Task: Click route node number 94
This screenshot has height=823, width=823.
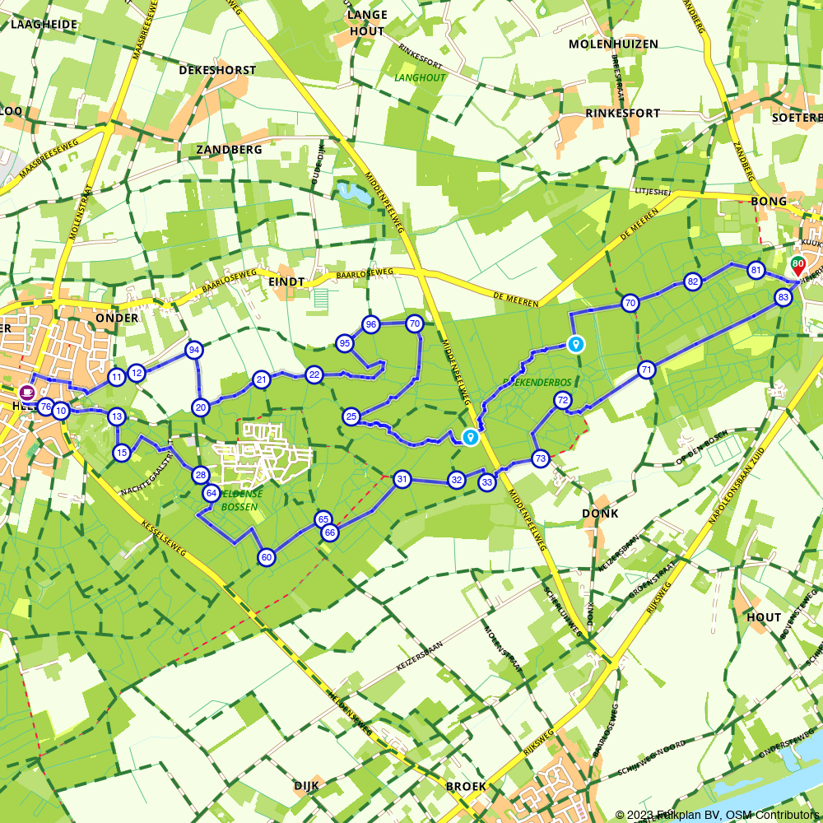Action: [x=194, y=350]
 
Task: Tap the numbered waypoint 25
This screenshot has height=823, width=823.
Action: [x=351, y=417]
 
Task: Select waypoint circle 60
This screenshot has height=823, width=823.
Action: [x=266, y=557]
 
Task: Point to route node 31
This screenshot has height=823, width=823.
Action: [x=402, y=479]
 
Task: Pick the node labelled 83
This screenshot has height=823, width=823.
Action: [x=783, y=297]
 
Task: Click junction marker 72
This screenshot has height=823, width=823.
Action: [x=563, y=401]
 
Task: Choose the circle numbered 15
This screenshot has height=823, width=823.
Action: [x=122, y=452]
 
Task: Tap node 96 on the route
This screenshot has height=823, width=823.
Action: [x=370, y=324]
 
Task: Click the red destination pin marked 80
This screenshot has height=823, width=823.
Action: [x=797, y=265]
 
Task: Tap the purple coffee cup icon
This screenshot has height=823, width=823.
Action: [x=26, y=392]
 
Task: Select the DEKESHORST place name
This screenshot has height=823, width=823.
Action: [x=217, y=70]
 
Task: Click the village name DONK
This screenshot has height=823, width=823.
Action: [x=599, y=514]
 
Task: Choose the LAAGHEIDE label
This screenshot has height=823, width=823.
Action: [x=44, y=24]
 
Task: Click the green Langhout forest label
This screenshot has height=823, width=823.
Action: [x=419, y=78]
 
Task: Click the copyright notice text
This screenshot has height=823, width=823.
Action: [x=718, y=815]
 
